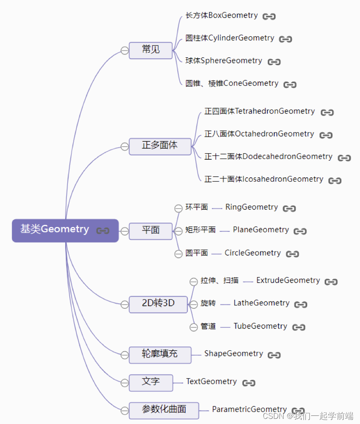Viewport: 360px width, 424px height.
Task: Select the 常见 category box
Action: [x=150, y=50]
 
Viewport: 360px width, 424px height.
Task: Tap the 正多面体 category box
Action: [x=160, y=146]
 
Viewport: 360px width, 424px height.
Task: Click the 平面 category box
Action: [x=150, y=231]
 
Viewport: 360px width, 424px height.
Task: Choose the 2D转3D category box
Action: [x=158, y=304]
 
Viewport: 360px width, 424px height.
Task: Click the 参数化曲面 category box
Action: [x=164, y=410]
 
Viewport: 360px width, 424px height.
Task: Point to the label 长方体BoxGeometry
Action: [x=222, y=16]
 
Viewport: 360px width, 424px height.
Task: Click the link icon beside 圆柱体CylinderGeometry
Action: [x=285, y=39]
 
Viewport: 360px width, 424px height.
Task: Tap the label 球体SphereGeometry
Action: [x=224, y=61]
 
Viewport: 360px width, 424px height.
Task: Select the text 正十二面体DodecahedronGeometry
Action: [x=268, y=157]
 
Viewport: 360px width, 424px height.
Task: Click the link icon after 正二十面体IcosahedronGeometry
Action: [x=335, y=180]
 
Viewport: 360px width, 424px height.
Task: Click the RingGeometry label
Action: [x=252, y=207]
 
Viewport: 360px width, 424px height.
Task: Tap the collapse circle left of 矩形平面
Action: [x=179, y=231]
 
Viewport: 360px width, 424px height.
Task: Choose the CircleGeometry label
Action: [x=252, y=253]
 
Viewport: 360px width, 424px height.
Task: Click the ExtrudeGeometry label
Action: [x=288, y=281]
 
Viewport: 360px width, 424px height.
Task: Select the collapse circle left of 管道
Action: [x=193, y=327]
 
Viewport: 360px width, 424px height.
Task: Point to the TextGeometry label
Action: [x=211, y=382]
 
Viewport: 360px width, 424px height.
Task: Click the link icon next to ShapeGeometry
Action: [x=274, y=355]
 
